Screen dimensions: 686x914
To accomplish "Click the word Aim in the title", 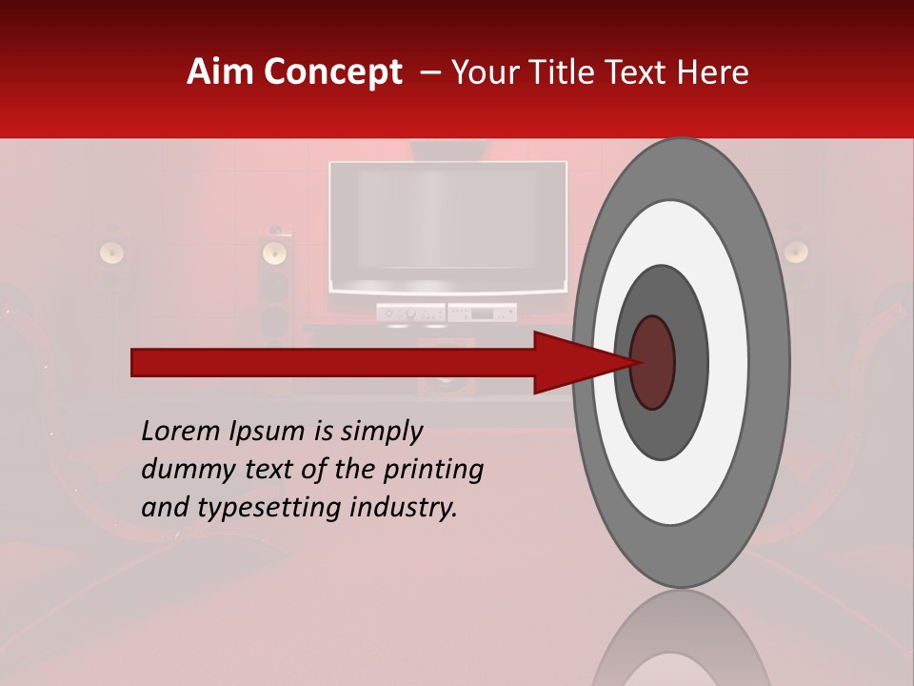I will pyautogui.click(x=222, y=72).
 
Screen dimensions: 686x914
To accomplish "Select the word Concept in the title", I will pyautogui.click(x=332, y=72).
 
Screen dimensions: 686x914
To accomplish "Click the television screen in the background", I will pyautogui.click(x=447, y=224).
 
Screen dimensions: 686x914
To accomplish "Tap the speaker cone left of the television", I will pyautogui.click(x=274, y=252).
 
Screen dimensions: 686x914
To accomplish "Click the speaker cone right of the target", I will pyautogui.click(x=796, y=252).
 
